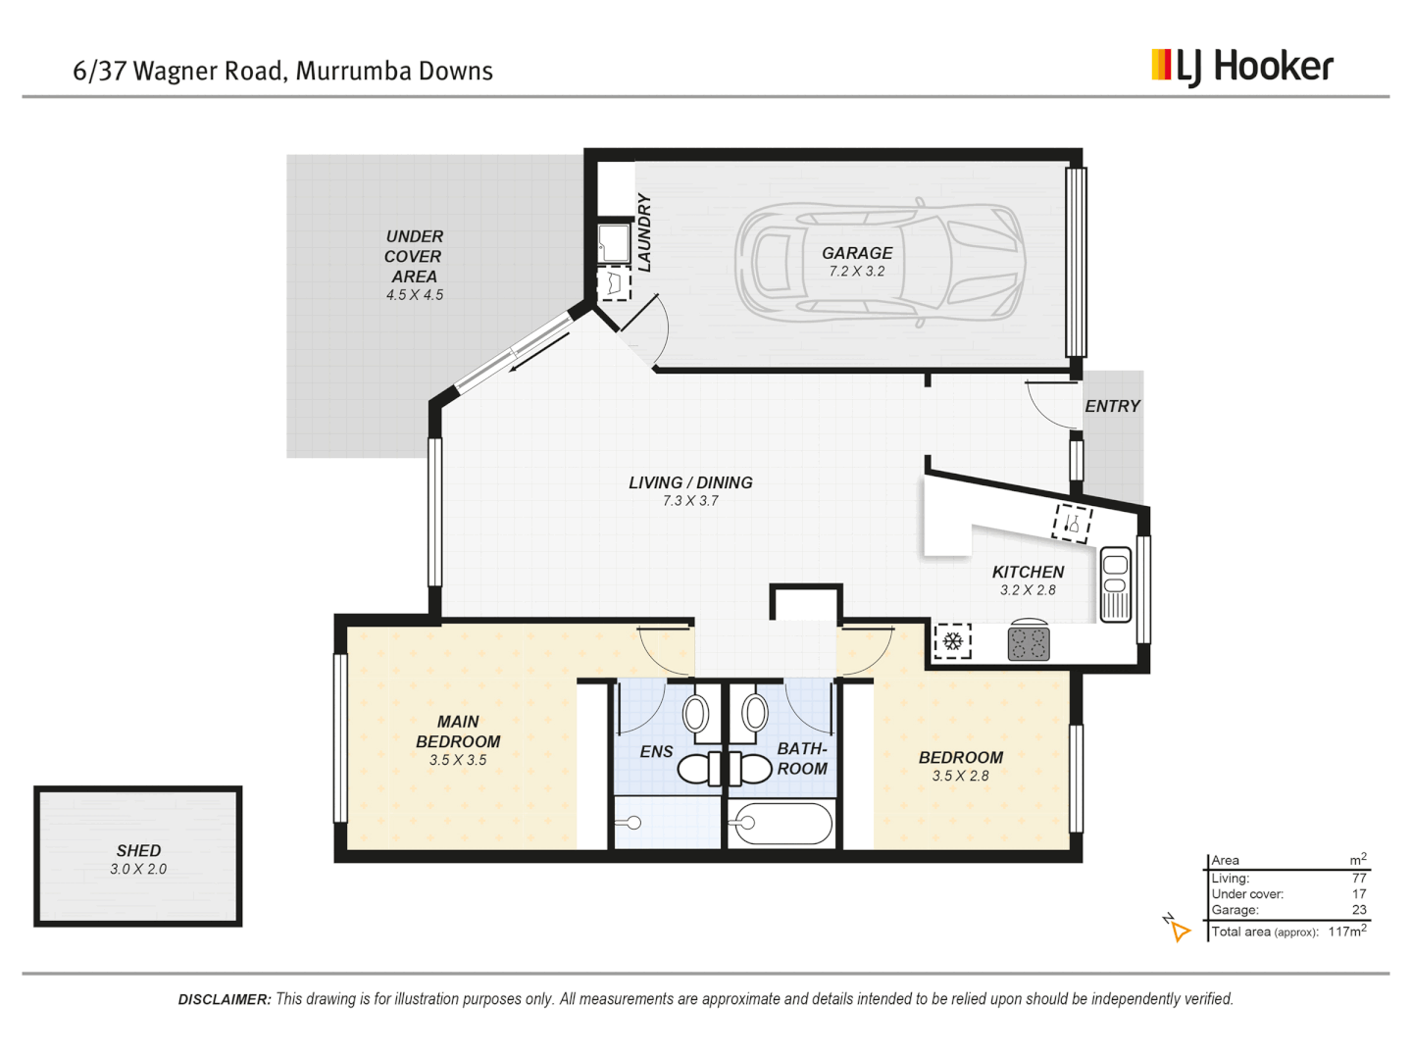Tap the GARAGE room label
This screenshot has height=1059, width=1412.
pyautogui.click(x=857, y=253)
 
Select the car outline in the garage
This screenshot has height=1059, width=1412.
pyautogui.click(x=880, y=263)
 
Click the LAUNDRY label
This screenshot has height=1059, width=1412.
pyautogui.click(x=644, y=232)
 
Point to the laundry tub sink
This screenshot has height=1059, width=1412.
pyautogui.click(x=614, y=243)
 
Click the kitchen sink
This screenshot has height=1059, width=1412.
pyautogui.click(x=1116, y=583)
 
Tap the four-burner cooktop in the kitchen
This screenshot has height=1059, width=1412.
pyautogui.click(x=1029, y=643)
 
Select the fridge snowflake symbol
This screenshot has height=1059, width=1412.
pyautogui.click(x=952, y=641)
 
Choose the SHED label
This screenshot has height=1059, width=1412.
pyautogui.click(x=138, y=851)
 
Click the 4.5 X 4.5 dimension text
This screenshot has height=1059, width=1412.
pyautogui.click(x=414, y=295)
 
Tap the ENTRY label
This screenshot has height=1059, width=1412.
pyautogui.click(x=1112, y=406)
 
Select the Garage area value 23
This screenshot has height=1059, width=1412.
pyautogui.click(x=1359, y=910)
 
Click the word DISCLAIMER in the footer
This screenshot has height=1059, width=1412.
pyautogui.click(x=225, y=999)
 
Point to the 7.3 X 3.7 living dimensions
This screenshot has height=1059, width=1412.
pyautogui.click(x=690, y=501)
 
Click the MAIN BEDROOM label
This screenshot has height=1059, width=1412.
pyautogui.click(x=458, y=731)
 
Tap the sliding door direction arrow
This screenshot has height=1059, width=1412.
pyautogui.click(x=539, y=352)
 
